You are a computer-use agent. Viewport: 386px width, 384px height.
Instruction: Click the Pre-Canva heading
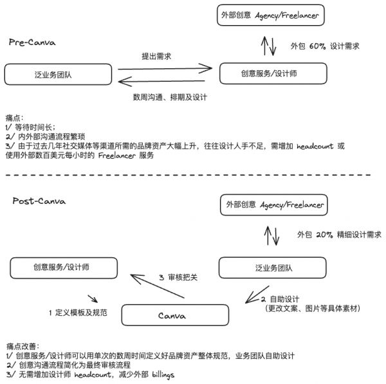[x=32, y=42]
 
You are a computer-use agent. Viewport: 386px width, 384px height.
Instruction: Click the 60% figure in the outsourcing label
[x=318, y=46]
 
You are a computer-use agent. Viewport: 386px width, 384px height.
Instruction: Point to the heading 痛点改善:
[x=22, y=345]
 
